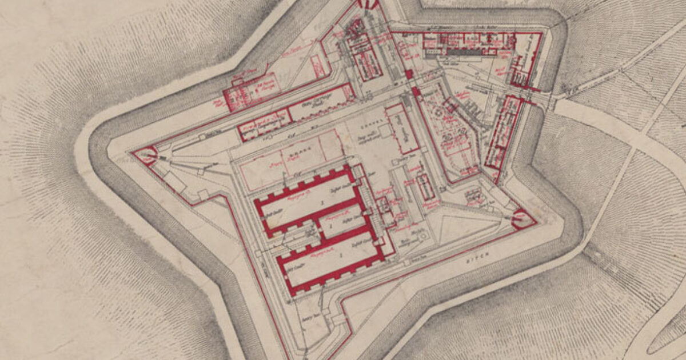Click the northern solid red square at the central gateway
coord(408,74)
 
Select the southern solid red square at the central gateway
coord(416,91)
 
